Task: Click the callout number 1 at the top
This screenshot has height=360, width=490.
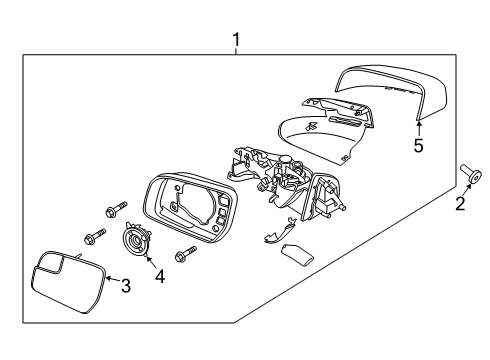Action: [x=236, y=40]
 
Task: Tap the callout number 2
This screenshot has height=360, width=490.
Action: [x=460, y=203]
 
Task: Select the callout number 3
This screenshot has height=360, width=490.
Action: [x=125, y=286]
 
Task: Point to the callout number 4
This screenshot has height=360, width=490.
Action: [x=160, y=276]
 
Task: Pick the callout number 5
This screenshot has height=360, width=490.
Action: [x=418, y=146]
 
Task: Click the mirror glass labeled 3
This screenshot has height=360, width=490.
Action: [x=68, y=282]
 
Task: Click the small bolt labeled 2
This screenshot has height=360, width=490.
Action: [x=471, y=173]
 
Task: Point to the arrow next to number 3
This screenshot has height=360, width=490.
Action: [x=113, y=279]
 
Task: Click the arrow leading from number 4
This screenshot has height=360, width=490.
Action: [x=151, y=262]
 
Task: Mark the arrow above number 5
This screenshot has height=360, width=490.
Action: [x=419, y=129]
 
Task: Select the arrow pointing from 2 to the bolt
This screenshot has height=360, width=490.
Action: [x=467, y=190]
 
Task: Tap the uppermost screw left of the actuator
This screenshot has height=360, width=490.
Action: [x=116, y=209]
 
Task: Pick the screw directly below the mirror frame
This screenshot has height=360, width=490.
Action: [x=185, y=253]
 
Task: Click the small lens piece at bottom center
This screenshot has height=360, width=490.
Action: [x=297, y=256]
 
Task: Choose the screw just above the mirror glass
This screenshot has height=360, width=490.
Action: [x=95, y=236]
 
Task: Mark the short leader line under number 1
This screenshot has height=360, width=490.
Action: [x=236, y=51]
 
